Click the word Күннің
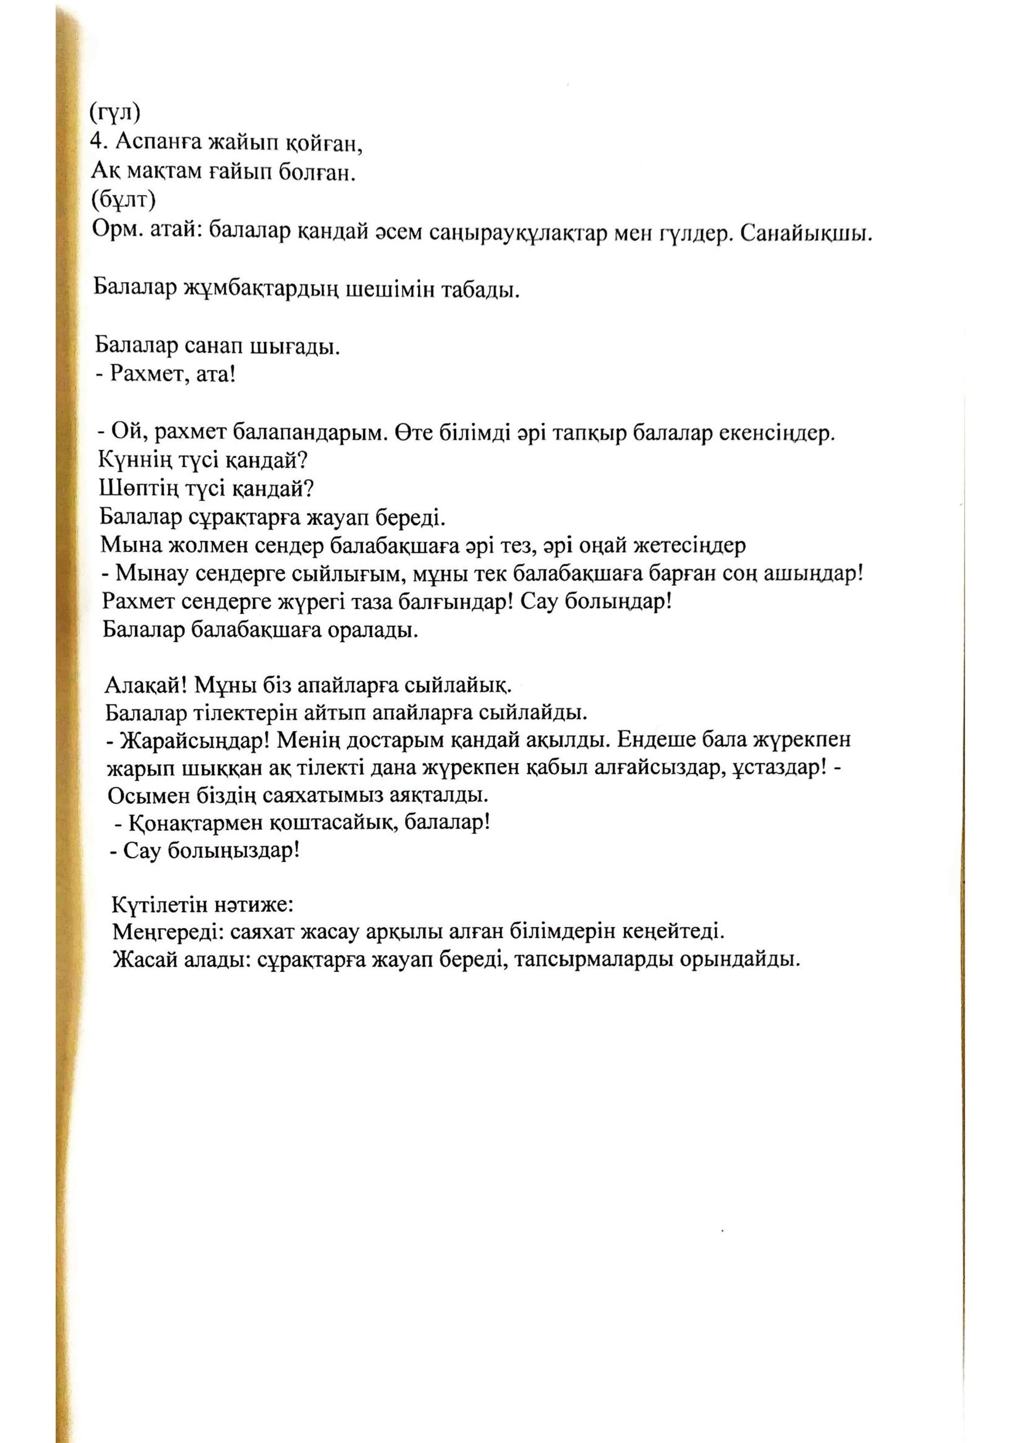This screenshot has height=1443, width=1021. pos(131,461)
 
